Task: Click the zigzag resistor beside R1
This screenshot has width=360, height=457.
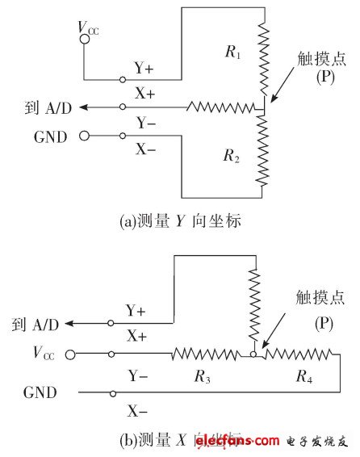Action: point(262,58)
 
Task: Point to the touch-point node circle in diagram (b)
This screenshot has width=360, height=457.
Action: point(253,353)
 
